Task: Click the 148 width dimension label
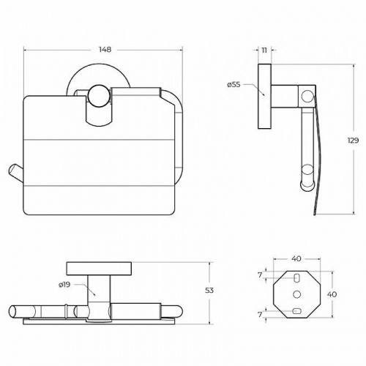click(105, 50)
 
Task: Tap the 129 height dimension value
click(353, 141)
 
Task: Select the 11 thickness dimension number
click(264, 50)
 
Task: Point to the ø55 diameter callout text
click(234, 85)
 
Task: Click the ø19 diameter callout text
click(64, 284)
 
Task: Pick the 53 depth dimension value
click(209, 291)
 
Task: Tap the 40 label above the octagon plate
click(296, 258)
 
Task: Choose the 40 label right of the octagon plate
click(332, 294)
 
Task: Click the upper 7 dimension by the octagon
click(260, 275)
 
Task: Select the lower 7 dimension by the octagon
click(260, 315)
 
